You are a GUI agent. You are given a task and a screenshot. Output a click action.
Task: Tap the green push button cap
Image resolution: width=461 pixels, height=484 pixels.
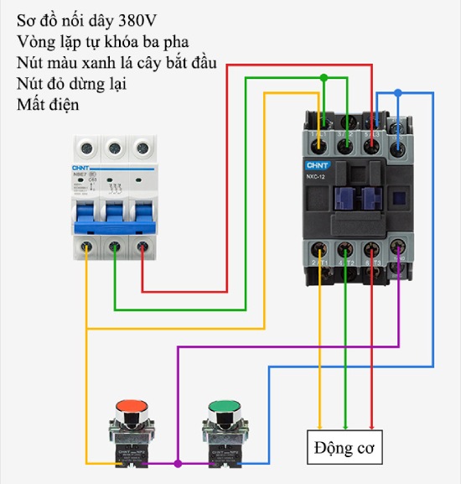tap(222, 407)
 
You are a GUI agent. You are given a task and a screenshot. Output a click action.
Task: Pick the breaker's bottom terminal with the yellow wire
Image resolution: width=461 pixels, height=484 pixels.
tap(87, 247)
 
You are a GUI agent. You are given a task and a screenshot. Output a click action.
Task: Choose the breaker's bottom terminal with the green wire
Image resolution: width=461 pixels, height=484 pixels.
tap(115, 247)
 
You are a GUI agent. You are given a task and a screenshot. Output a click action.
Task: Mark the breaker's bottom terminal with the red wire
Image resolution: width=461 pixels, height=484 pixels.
tap(142, 247)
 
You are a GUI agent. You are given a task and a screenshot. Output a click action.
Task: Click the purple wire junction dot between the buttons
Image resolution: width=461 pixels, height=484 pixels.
tap(177, 462)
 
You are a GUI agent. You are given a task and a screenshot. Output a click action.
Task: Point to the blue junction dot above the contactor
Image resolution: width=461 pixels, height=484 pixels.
tap(398, 92)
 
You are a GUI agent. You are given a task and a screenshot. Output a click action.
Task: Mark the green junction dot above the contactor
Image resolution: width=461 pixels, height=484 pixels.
tap(324, 78)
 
